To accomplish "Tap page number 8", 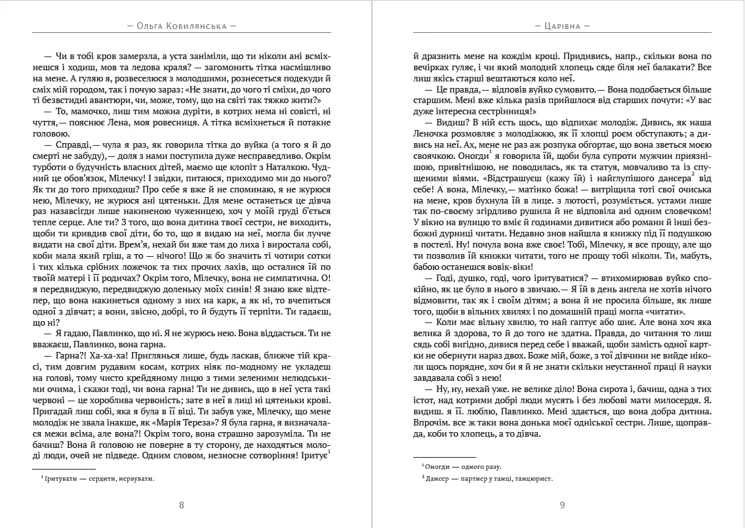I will [x=182, y=505].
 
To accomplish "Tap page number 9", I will [x=563, y=505].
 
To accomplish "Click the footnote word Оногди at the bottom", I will [x=435, y=466].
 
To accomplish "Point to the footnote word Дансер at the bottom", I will [x=435, y=479].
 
